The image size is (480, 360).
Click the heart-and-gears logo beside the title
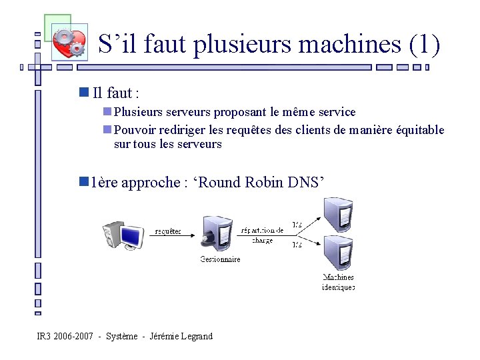[x=69, y=41]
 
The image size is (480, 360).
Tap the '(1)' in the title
[x=424, y=45]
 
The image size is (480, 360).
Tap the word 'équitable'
[x=417, y=129]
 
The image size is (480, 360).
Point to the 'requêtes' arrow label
[x=168, y=231]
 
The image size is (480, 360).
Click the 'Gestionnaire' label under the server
[x=220, y=259]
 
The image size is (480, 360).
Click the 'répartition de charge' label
[x=262, y=235]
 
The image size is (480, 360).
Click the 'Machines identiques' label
[x=338, y=282]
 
